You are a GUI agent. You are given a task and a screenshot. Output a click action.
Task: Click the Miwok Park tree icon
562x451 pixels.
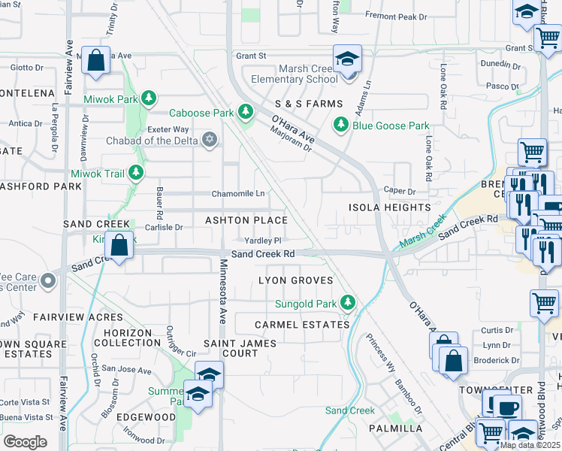[x=150, y=98]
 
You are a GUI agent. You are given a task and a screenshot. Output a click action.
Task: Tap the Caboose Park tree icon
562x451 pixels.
[x=245, y=113]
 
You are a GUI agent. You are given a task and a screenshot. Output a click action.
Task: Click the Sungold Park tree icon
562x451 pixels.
[x=347, y=303]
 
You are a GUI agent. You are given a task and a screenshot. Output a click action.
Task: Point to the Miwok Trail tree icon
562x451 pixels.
[x=136, y=174]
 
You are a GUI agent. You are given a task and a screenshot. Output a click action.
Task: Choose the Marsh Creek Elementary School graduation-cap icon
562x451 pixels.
[x=348, y=60]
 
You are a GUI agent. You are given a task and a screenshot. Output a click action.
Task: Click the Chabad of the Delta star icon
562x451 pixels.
[x=210, y=139]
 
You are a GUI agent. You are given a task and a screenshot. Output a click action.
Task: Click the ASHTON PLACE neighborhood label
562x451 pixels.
[x=247, y=220]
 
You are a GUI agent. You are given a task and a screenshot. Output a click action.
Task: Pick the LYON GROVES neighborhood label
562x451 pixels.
[x=295, y=280]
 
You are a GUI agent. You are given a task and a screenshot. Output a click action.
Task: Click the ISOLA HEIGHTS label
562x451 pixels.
[x=389, y=207]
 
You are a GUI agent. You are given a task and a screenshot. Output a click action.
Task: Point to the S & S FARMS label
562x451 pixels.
[x=308, y=103]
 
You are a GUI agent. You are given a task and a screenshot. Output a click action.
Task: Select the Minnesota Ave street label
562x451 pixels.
[x=222, y=292]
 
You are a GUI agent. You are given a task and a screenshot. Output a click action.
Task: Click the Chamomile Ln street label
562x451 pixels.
[x=237, y=193]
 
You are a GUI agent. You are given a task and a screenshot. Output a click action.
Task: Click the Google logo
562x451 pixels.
[x=26, y=441]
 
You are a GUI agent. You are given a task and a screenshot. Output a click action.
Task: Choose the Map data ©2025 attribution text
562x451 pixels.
[x=530, y=445]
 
